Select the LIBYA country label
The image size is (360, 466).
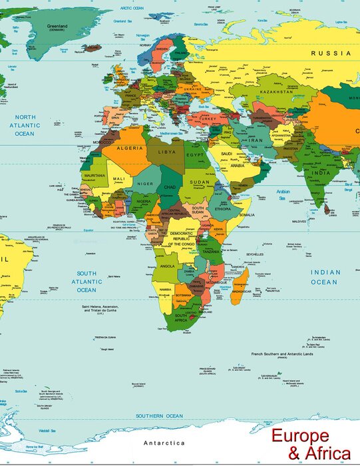[167, 152]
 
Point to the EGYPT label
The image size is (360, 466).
[194, 154]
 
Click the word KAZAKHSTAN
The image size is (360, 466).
[275, 91]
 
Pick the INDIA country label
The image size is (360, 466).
[321, 172]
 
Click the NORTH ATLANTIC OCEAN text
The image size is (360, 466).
[25, 125]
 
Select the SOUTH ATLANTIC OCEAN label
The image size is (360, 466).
[86, 282]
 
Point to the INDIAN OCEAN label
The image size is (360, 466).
[325, 277]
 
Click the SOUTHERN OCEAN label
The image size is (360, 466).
[159, 416]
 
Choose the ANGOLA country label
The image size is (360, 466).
[167, 266]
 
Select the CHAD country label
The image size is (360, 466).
[170, 187]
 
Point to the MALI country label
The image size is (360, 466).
[118, 179]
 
